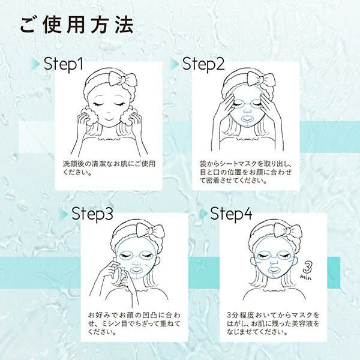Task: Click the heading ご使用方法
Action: point(77,25)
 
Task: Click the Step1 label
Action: point(64,64)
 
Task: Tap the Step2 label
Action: point(203,64)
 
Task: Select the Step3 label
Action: point(92,214)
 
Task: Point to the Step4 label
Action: point(232,214)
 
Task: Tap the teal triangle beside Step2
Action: point(175,64)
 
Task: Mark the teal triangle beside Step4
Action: point(203,214)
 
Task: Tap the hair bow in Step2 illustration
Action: point(261,80)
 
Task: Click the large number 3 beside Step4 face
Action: point(308,267)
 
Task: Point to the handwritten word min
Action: point(306,277)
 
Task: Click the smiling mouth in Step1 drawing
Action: point(109,120)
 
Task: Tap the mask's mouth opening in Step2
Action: point(247,119)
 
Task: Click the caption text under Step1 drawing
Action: point(109,168)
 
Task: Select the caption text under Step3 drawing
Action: point(134,323)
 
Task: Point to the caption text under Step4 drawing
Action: point(273,323)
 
